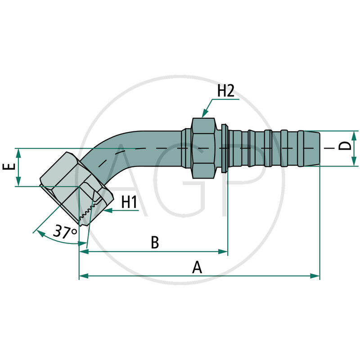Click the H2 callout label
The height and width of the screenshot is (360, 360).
point(225,90)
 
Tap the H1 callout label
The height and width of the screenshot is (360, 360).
point(129,202)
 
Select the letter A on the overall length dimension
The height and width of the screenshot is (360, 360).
point(197,267)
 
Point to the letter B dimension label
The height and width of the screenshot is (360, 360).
point(154,243)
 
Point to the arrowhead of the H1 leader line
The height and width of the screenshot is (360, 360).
point(106,210)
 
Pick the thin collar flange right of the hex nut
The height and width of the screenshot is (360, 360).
point(224,148)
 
